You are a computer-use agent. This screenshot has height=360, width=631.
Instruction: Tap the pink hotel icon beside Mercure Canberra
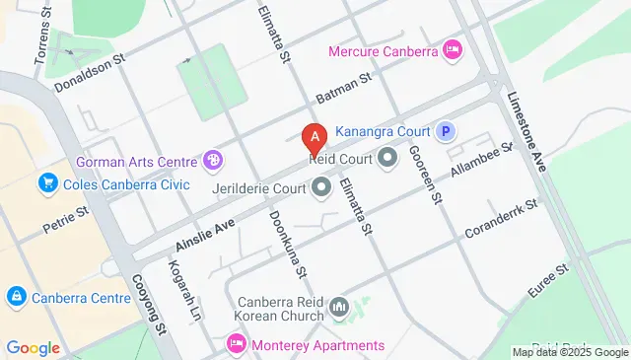pos(453,48)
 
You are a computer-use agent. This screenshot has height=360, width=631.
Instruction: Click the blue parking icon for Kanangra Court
pos(446,130)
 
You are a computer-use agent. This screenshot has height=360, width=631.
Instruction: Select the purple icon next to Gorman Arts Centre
pos(211,160)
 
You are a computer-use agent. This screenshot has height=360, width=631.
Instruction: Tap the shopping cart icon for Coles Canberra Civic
pos(46,183)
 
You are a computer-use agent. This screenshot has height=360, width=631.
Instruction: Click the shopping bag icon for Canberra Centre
pos(16,297)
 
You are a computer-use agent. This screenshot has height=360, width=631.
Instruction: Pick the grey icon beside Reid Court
pos(387,157)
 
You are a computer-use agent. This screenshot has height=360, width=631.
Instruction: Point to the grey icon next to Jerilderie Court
pos(321,185)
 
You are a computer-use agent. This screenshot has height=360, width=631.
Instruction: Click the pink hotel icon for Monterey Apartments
pos(236,344)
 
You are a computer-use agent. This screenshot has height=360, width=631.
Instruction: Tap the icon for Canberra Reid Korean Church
pos(339,308)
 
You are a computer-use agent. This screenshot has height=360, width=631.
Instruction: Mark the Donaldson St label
pos(92,70)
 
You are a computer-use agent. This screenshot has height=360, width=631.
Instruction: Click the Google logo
pos(33,347)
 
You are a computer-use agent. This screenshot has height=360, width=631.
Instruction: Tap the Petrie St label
pos(66,220)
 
